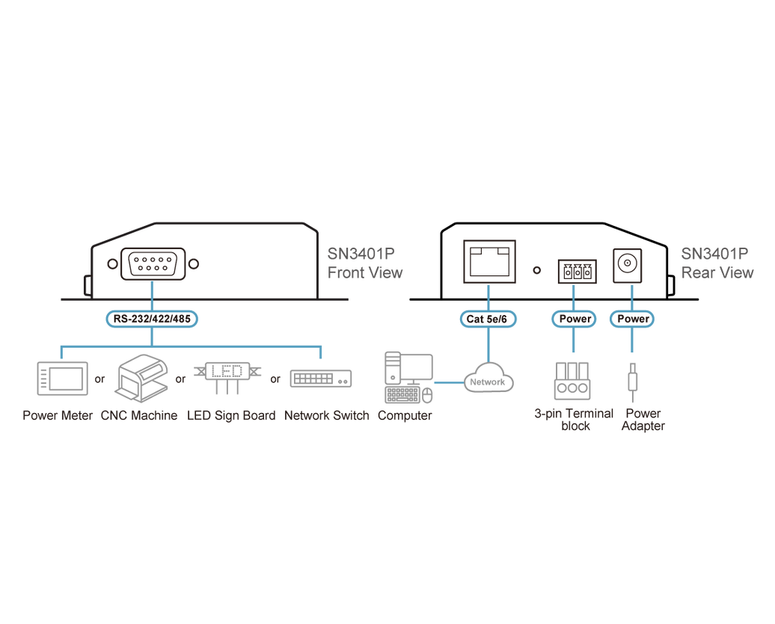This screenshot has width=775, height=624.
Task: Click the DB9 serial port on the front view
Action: click(x=153, y=264)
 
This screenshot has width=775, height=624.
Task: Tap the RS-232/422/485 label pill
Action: click(x=152, y=319)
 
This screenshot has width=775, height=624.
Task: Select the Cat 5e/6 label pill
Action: click(x=487, y=319)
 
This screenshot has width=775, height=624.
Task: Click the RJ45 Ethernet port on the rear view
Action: click(x=489, y=262)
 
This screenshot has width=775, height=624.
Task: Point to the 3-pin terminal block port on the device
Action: click(x=578, y=272)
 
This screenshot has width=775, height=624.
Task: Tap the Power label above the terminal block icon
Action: click(x=575, y=319)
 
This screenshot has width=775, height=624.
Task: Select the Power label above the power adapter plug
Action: click(x=632, y=319)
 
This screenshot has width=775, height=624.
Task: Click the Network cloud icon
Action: click(x=488, y=379)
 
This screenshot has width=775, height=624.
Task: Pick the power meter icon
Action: click(x=62, y=379)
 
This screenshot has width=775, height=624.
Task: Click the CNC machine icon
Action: click(x=142, y=378)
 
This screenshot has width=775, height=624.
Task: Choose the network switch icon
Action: click(x=321, y=379)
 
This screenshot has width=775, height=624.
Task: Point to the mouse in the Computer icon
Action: click(x=428, y=396)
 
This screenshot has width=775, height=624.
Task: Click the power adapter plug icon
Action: click(x=632, y=382)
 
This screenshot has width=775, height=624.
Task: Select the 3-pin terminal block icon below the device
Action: click(x=573, y=381)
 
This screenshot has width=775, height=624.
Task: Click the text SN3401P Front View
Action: click(x=365, y=263)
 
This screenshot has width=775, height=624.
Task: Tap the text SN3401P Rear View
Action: click(x=717, y=263)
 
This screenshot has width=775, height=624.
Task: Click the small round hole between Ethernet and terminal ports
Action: click(x=537, y=270)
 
